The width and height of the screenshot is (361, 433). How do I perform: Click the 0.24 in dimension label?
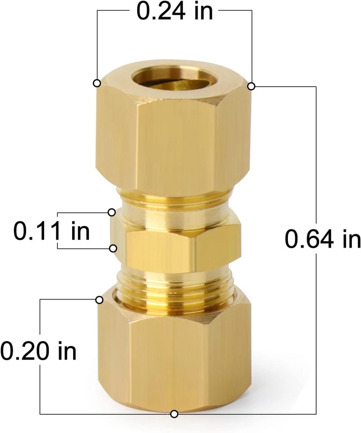175,11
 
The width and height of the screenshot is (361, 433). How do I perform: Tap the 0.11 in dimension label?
51,231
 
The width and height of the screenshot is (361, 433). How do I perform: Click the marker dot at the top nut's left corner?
97,83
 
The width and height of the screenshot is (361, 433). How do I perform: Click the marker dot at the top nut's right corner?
252,86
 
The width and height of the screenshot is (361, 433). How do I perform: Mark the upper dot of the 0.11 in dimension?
111,212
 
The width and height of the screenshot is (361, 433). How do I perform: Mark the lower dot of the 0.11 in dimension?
113,248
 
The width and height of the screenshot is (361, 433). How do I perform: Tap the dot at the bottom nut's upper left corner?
99,300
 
